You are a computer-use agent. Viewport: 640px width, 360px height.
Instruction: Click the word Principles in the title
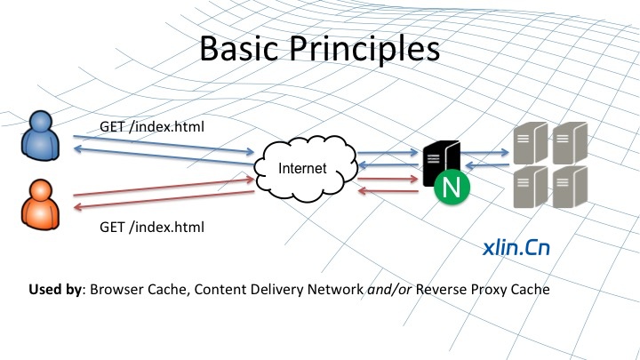[365, 50]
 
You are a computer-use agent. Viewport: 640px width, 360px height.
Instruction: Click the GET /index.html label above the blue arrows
[153, 126]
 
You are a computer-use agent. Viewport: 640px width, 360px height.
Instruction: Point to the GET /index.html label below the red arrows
[153, 228]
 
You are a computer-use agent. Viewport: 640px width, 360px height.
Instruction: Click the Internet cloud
[302, 168]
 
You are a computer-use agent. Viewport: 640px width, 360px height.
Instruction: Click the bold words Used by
[54, 290]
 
